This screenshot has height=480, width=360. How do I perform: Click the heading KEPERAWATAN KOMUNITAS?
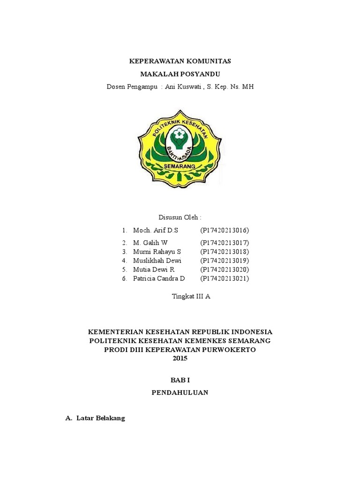(x=180, y=61)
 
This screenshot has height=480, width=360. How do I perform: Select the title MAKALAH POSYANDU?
(x=180, y=74)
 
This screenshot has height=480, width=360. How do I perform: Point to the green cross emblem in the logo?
(x=180, y=136)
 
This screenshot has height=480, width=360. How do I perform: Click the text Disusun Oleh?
(x=180, y=217)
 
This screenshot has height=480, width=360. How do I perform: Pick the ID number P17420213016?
(x=224, y=230)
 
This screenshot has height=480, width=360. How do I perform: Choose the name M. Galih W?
(x=150, y=242)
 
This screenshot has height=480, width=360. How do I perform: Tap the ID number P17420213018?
(x=224, y=251)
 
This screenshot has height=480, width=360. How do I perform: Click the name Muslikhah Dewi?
(x=157, y=260)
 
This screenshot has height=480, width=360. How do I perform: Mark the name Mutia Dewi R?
(x=154, y=270)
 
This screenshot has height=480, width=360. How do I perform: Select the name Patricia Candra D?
(x=159, y=278)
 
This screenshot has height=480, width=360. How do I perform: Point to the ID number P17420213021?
(x=224, y=278)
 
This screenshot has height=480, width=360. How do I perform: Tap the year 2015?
(x=180, y=358)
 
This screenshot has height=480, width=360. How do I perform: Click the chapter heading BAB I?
(x=180, y=380)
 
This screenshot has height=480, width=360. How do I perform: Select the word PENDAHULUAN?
(x=180, y=393)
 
